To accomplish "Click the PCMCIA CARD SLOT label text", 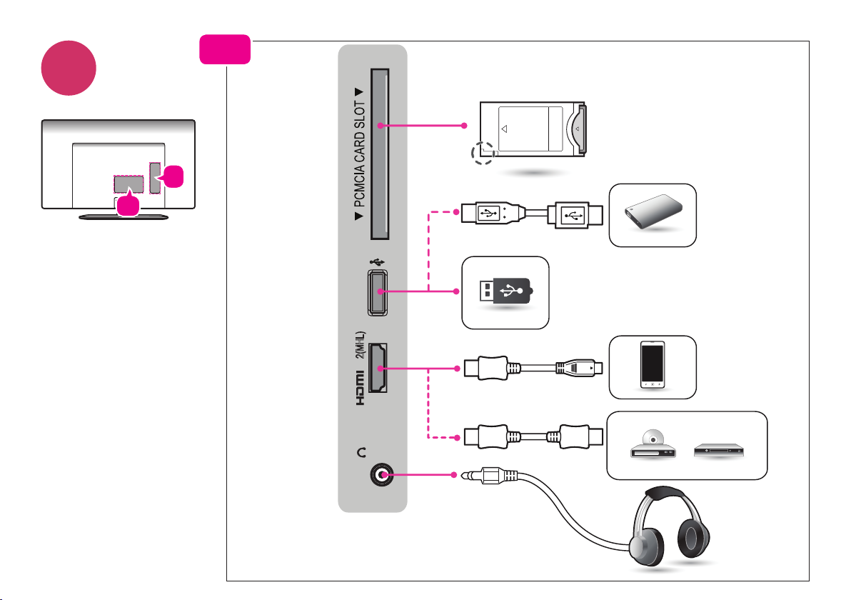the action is [359, 154].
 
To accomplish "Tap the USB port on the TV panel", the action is [378, 292].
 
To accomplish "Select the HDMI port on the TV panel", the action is [378, 368].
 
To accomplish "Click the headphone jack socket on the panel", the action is [382, 475].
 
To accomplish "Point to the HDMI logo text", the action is [360, 388].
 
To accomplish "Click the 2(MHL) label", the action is [361, 345].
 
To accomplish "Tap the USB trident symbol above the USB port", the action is [377, 262].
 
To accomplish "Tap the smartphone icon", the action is [653, 364].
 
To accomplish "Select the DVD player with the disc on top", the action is [653, 445].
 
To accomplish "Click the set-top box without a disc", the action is [719, 450].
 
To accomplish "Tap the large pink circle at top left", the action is [69, 68].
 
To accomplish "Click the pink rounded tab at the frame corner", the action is [225, 49].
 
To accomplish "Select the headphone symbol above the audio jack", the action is [361, 451].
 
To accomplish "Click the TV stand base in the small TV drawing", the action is [124, 217].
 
